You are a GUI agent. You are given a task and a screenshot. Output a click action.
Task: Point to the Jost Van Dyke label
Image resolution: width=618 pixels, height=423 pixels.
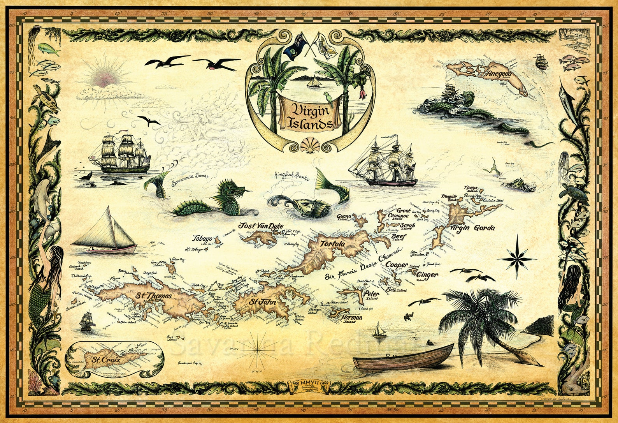click(x=261, y=226)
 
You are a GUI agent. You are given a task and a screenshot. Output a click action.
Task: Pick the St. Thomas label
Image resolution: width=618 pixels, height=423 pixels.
click(x=154, y=296)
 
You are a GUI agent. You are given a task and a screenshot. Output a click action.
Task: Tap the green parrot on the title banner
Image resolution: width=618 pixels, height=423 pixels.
click(x=329, y=97)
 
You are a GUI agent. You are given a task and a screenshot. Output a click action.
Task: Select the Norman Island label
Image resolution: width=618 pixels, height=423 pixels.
click(x=351, y=318)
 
